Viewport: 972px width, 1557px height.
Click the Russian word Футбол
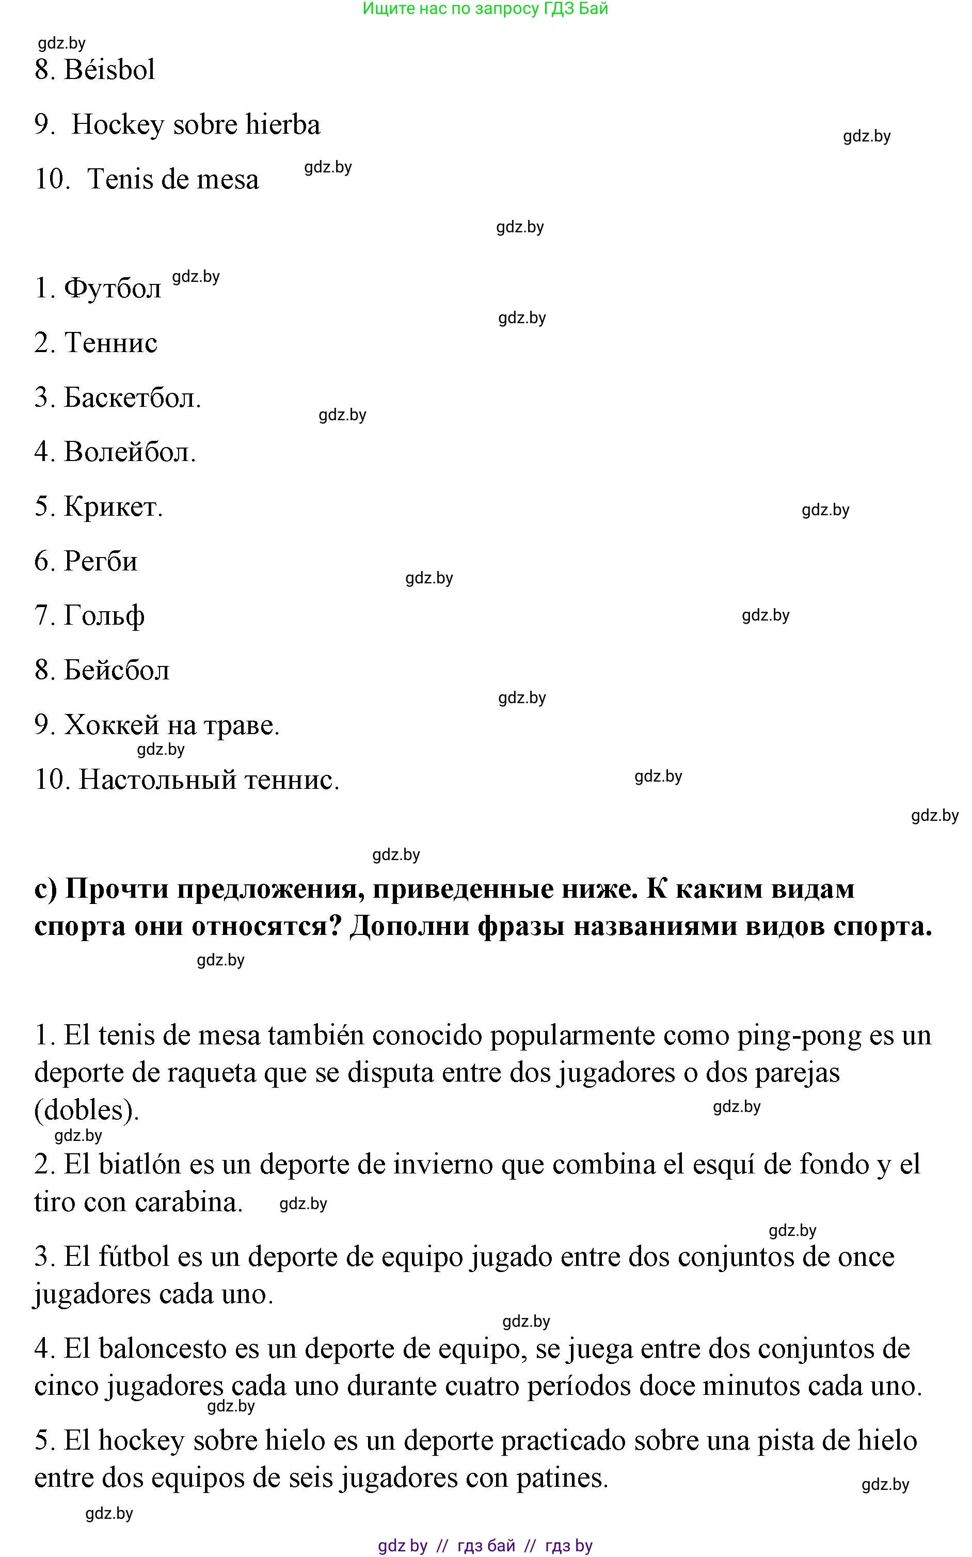tap(113, 289)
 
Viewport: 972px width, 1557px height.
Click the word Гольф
tap(104, 616)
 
